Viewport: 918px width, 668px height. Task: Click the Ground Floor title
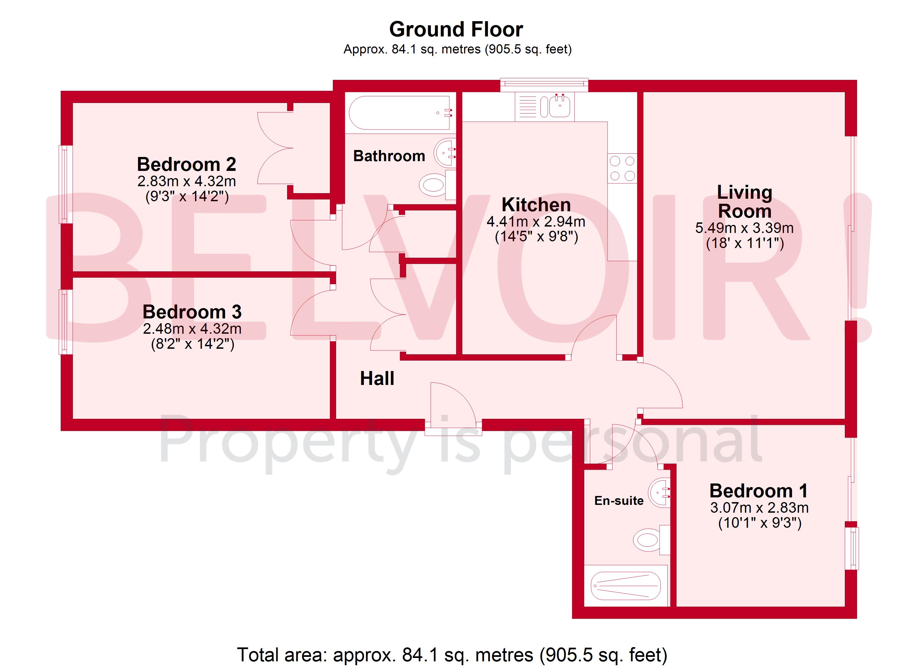[x=456, y=30]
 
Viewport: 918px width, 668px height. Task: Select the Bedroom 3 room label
[x=192, y=312]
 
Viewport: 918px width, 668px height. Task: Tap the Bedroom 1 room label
[x=759, y=491]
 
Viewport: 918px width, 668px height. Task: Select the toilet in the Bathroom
[x=433, y=185]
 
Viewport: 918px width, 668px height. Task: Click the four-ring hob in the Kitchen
[x=622, y=168]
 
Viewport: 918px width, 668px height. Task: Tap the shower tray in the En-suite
[x=625, y=586]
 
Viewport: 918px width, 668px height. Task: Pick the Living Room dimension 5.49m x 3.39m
[x=744, y=228]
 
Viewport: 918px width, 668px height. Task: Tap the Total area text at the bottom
[x=452, y=655]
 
